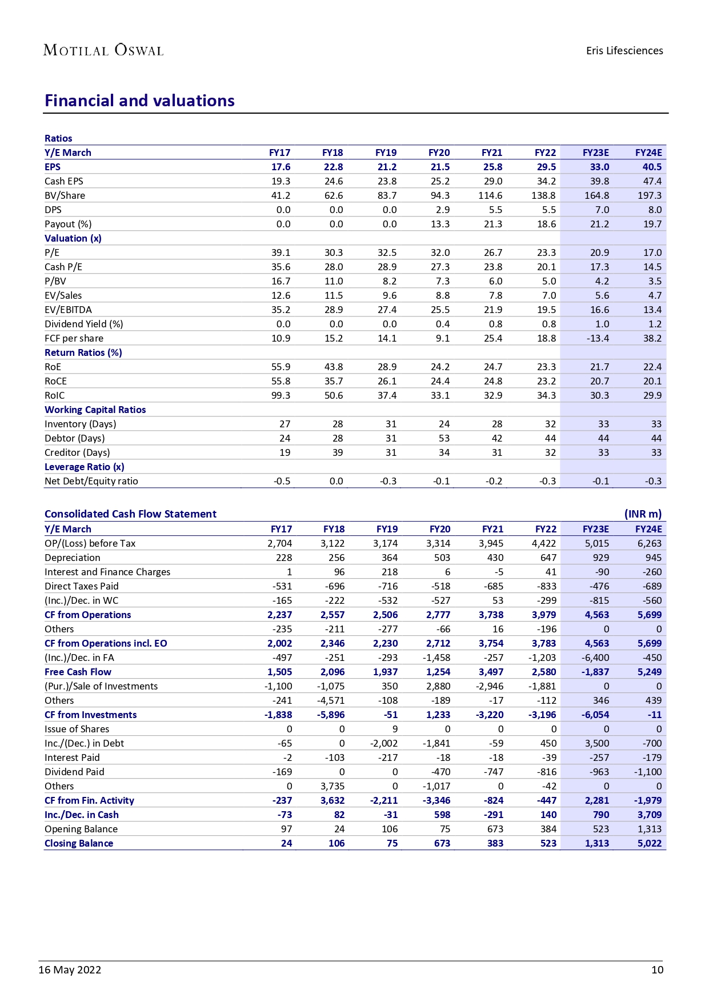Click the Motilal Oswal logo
click(x=103, y=50)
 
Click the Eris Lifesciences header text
click(x=624, y=51)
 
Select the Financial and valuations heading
click(x=139, y=101)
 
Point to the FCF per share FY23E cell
click(x=599, y=338)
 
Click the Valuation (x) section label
click(x=73, y=238)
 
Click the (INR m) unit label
click(x=643, y=514)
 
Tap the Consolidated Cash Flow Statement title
click(x=130, y=514)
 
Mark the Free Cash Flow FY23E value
click(x=596, y=672)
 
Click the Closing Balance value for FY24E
click(x=650, y=843)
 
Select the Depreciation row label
click(x=73, y=558)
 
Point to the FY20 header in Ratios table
click(x=439, y=153)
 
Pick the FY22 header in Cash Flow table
click(x=546, y=529)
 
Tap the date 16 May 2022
click(x=70, y=969)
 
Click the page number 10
click(x=657, y=969)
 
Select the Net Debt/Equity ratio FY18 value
click(x=336, y=481)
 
